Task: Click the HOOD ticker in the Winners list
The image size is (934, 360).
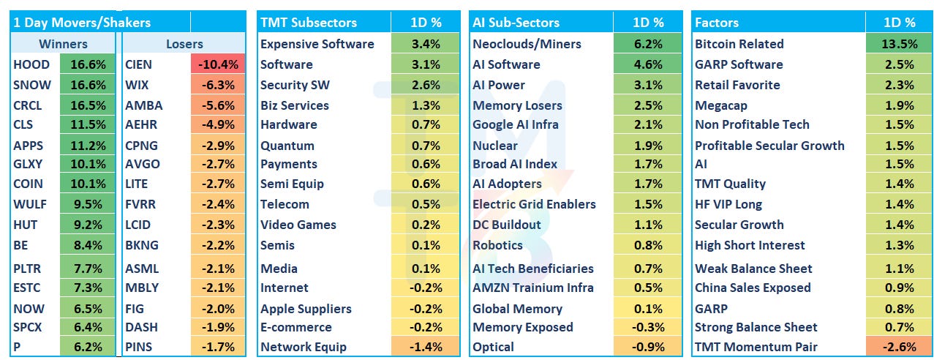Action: (31, 64)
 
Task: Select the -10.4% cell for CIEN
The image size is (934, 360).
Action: (218, 64)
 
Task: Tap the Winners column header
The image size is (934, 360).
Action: (63, 44)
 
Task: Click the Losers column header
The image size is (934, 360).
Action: (184, 44)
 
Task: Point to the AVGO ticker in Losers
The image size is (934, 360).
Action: (143, 164)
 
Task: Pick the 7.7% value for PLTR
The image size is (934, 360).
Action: (88, 269)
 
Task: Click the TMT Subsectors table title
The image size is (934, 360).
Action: (309, 22)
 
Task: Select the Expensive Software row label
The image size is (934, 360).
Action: (317, 44)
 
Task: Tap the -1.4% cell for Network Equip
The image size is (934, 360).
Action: (426, 347)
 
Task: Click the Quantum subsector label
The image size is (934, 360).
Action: (287, 146)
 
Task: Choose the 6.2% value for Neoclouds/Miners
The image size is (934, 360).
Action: (648, 44)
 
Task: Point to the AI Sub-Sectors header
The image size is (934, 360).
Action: (516, 22)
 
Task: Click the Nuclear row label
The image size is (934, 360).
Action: (495, 146)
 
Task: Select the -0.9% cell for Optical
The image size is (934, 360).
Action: (648, 347)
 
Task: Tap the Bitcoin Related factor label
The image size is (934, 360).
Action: (739, 44)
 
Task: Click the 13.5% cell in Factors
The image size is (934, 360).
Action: (900, 44)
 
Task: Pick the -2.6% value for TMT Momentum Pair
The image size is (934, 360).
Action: (900, 347)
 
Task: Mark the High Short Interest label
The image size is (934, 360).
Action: (750, 245)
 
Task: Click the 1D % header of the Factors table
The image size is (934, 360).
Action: (900, 22)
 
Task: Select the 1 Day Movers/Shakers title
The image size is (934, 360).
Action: (82, 22)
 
